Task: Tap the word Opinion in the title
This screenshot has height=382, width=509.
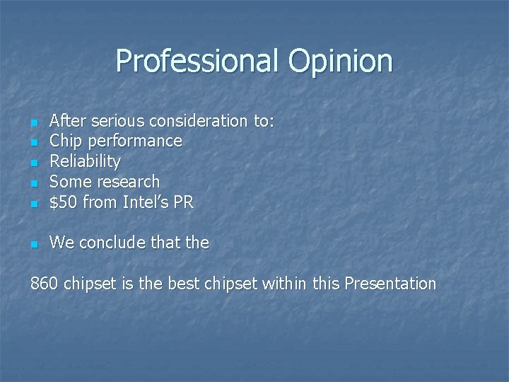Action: tap(340, 61)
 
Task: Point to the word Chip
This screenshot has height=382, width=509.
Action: tap(65, 141)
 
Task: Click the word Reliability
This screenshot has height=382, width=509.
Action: tap(85, 162)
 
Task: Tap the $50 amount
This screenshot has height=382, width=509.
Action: tap(64, 202)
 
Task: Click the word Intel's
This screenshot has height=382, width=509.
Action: tap(145, 202)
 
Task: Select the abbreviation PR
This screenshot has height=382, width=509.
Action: tap(183, 202)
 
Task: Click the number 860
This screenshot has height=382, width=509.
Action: tap(44, 284)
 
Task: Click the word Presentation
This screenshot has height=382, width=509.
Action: tap(390, 284)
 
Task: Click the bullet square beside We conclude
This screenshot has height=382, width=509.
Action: tap(34, 244)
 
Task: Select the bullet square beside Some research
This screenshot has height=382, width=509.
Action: tap(34, 183)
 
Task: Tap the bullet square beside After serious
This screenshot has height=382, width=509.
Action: tap(34, 122)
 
